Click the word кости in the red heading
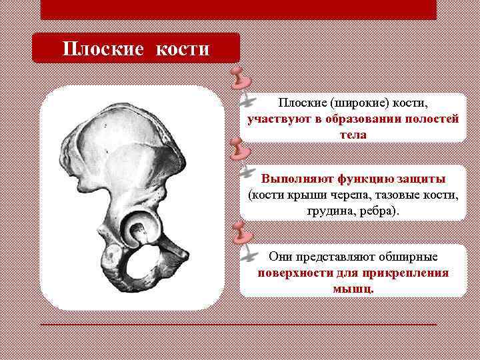click(x=183, y=49)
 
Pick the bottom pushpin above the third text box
click(x=238, y=233)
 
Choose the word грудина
click(x=331, y=211)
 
